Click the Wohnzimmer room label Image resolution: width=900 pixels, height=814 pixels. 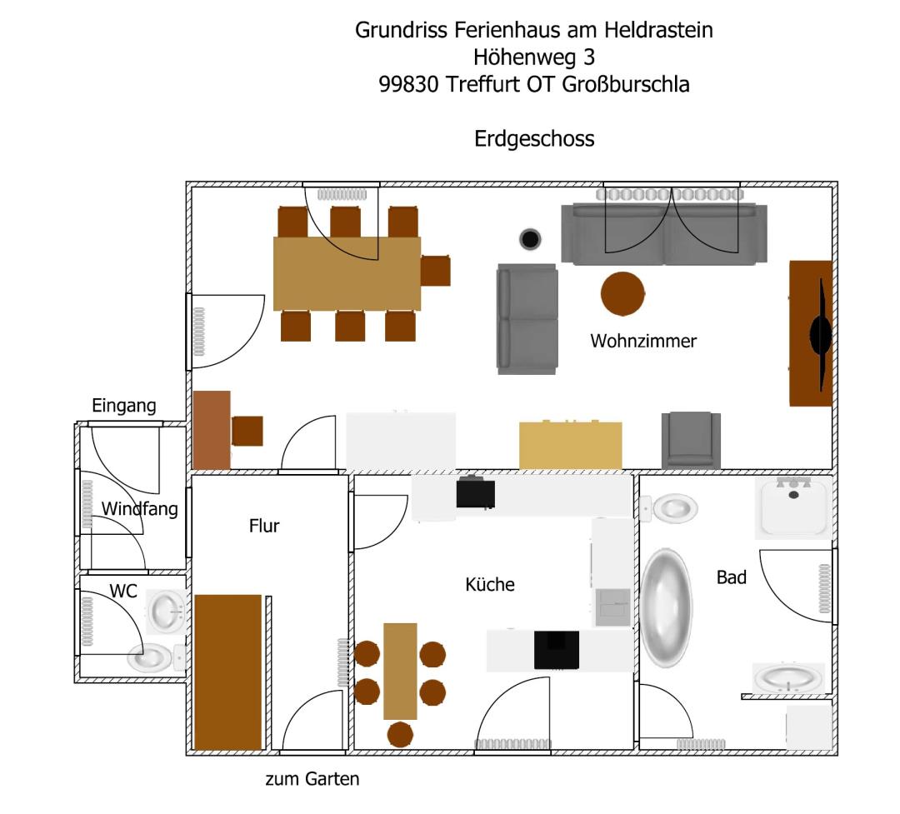[643, 341]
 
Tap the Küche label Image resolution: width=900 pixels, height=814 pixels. [490, 585]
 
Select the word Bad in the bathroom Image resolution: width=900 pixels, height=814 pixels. [732, 577]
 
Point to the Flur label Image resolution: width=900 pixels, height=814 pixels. [264, 526]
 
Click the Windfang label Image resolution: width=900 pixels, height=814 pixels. [140, 508]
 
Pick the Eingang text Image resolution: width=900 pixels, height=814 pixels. [124, 407]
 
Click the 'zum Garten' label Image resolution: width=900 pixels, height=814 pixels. [312, 780]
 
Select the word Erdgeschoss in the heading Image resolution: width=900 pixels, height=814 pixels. [534, 138]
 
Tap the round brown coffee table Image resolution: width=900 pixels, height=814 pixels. [622, 293]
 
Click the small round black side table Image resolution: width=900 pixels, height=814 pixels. [530, 240]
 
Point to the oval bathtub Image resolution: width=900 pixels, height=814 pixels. [666, 607]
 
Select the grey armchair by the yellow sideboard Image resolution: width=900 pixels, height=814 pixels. [691, 440]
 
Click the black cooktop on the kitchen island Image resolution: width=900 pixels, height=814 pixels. [557, 650]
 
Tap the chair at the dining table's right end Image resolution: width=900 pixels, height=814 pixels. [436, 272]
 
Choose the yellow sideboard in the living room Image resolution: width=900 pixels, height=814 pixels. [571, 446]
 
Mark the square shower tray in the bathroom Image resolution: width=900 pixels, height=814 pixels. [793, 507]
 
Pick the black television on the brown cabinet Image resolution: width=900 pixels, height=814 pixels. [821, 334]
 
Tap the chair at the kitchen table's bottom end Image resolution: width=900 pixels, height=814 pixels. [401, 734]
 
